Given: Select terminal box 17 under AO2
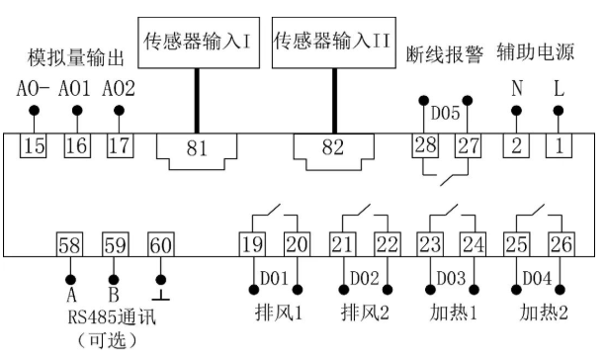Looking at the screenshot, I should pyautogui.click(x=119, y=147).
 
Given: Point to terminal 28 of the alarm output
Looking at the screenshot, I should pyautogui.click(x=425, y=146).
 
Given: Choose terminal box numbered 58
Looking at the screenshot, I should pyautogui.click(x=69, y=244).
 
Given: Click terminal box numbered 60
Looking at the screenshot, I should pyautogui.click(x=159, y=244).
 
